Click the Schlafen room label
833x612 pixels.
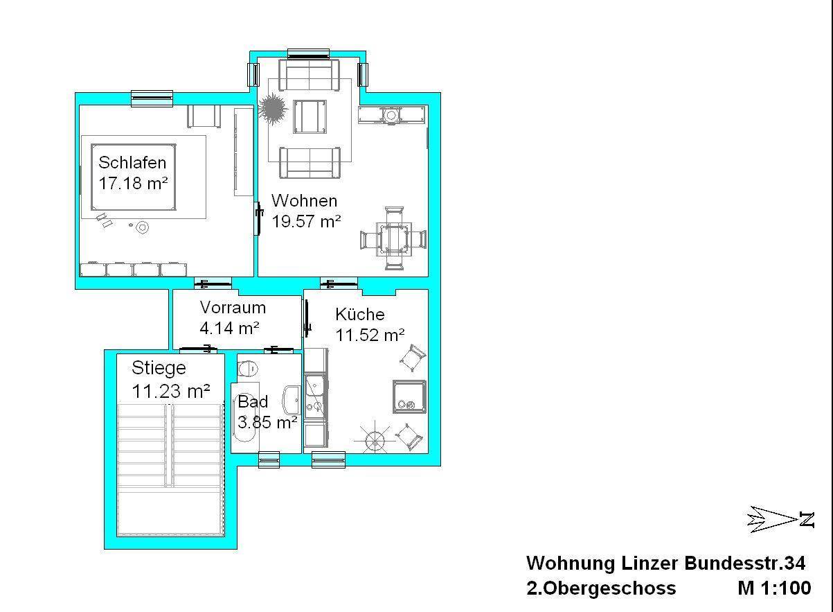coord(132,163)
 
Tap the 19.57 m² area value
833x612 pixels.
coord(307,222)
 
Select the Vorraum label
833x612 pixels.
coord(233,308)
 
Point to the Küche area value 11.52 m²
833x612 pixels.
coord(370,335)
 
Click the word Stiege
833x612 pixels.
coord(159,369)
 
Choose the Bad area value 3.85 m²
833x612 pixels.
coord(267,423)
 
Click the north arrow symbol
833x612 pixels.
coord(780,519)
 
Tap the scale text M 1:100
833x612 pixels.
coord(774,588)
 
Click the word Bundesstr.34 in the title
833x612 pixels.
coord(745,563)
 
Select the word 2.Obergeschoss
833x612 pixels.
coord(601,588)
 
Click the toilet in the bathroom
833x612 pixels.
coord(248,369)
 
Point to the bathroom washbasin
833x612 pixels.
coord(292,400)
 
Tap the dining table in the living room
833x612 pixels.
coord(394,239)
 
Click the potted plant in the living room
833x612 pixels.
coord(274,109)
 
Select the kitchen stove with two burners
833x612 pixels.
coord(409,397)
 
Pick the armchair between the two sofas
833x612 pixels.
coord(310,116)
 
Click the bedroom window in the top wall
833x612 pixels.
coord(152,98)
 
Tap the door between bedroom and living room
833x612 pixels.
coord(258,218)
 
